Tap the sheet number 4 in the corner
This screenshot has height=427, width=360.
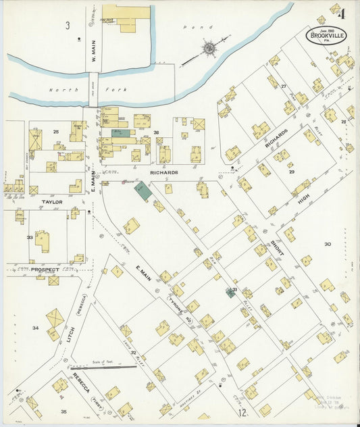tap(342, 13)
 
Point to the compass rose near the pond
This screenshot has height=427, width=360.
tap(209, 48)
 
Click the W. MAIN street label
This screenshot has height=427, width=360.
tap(94, 54)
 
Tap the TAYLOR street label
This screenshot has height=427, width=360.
tap(51, 201)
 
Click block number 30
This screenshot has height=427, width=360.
tap(328, 244)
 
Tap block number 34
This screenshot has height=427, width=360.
tap(35, 328)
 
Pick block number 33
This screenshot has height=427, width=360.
tap(29, 237)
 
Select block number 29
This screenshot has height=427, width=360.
tap(292, 172)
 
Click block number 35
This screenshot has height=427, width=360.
tap(63, 411)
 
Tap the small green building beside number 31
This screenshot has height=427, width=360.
tap(230, 293)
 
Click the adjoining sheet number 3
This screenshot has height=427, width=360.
tap(68, 26)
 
